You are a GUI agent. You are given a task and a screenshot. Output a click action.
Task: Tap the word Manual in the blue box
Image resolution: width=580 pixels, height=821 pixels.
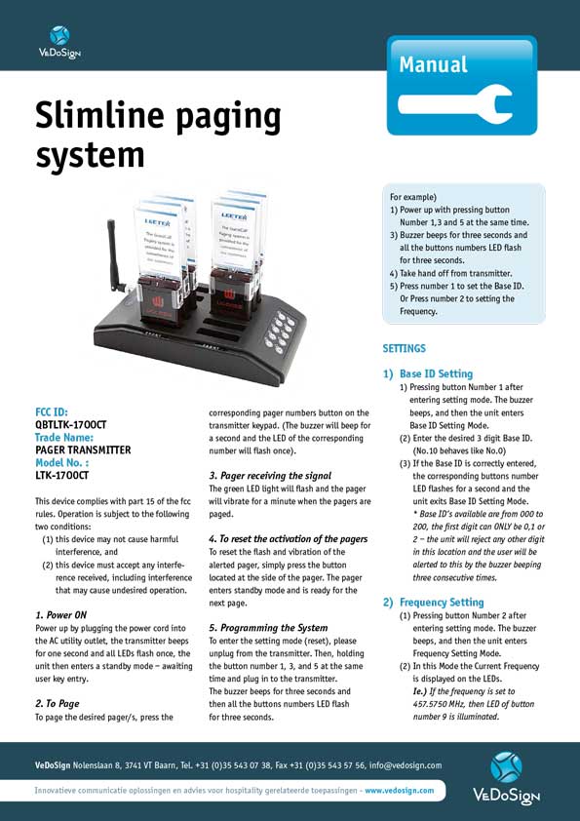pyautogui.click(x=433, y=65)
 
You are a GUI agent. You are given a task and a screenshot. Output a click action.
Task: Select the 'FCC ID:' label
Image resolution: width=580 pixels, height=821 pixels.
pyautogui.click(x=52, y=412)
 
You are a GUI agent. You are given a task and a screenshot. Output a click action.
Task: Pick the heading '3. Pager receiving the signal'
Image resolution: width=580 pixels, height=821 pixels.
pyautogui.click(x=270, y=475)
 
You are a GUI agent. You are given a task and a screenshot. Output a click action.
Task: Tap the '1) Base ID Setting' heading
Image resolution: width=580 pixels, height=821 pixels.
pyautogui.click(x=428, y=373)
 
